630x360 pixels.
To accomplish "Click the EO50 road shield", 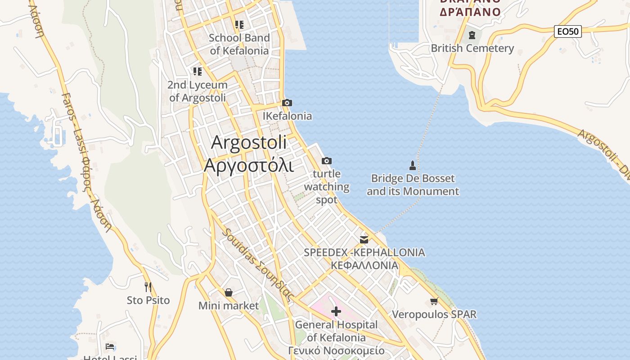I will point(567,31).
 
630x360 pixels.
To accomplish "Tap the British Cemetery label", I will point(472,48).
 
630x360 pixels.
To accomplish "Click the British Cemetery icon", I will point(472,35).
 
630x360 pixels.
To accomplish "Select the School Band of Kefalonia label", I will point(239,44).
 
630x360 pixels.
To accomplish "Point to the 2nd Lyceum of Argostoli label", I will point(198,91).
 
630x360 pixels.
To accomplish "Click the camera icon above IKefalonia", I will point(287,103).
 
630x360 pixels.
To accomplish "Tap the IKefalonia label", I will point(287,116).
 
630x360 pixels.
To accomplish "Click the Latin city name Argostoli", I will point(249,143).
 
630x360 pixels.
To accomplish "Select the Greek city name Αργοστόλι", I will point(249,165).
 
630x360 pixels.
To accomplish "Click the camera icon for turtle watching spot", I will point(327,161).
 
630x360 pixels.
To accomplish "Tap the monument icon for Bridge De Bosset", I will point(412,165).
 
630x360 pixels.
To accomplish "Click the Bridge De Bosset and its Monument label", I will point(413,185).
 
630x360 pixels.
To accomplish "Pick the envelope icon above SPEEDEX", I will point(364,239).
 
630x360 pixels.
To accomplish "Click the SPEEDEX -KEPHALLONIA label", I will point(364,252).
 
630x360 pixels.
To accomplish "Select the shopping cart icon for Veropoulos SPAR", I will point(434,301).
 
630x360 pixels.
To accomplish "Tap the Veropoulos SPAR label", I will point(434,314).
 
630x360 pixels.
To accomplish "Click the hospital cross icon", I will point(336,311).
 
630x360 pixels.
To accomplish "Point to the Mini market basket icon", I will point(229,293).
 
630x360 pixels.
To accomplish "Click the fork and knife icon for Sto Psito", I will point(148,287).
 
